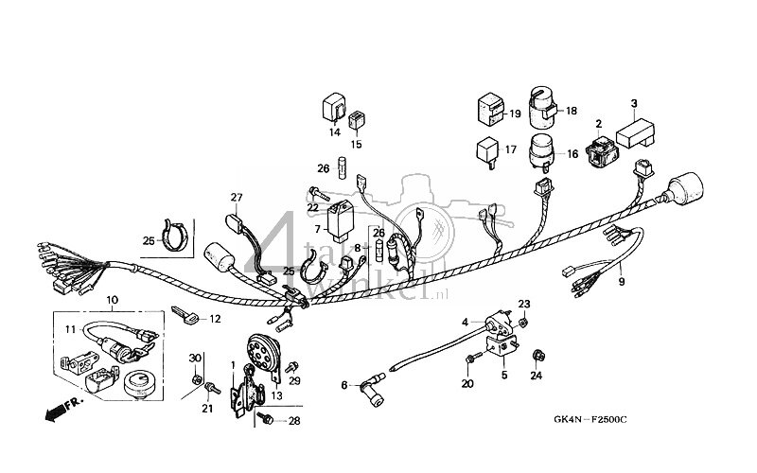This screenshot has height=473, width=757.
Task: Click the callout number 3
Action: [634, 102]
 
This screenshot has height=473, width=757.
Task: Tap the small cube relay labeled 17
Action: [484, 149]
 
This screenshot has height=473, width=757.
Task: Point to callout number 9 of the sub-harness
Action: [622, 282]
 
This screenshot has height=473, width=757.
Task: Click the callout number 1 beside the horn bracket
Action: [233, 363]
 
